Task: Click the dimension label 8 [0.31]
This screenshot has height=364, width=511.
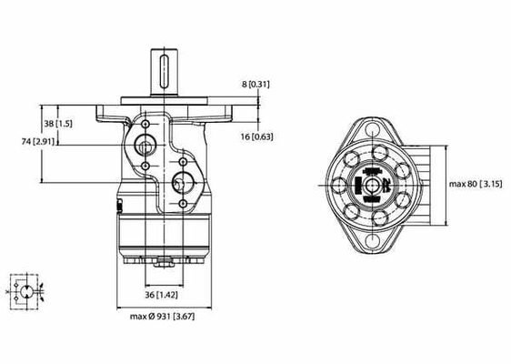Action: pyautogui.click(x=257, y=84)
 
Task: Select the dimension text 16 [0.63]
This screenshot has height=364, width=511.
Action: pyautogui.click(x=259, y=136)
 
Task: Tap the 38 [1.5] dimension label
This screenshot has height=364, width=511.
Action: pyautogui.click(x=59, y=123)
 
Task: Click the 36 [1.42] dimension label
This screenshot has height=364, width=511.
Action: pyautogui.click(x=161, y=294)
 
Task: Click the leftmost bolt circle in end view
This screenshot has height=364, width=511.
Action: pyautogui.click(x=339, y=187)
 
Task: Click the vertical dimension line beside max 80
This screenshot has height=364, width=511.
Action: pyautogui.click(x=446, y=184)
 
